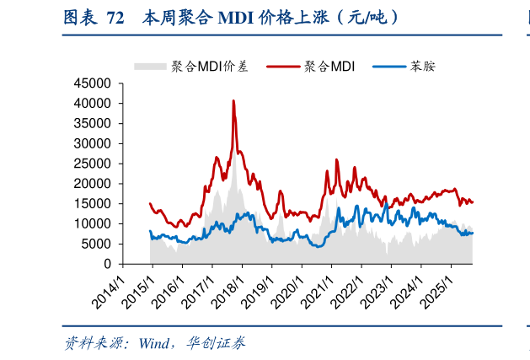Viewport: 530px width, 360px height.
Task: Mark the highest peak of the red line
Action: (233, 100)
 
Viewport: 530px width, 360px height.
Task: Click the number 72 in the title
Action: (115, 17)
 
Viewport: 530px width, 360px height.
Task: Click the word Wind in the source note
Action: (156, 343)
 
